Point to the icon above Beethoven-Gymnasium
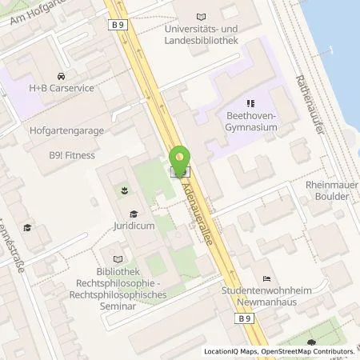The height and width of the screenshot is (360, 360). click(x=250, y=102)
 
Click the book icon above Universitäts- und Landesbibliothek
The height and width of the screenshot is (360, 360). click(x=200, y=16)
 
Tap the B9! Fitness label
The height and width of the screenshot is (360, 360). click(x=69, y=155)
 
